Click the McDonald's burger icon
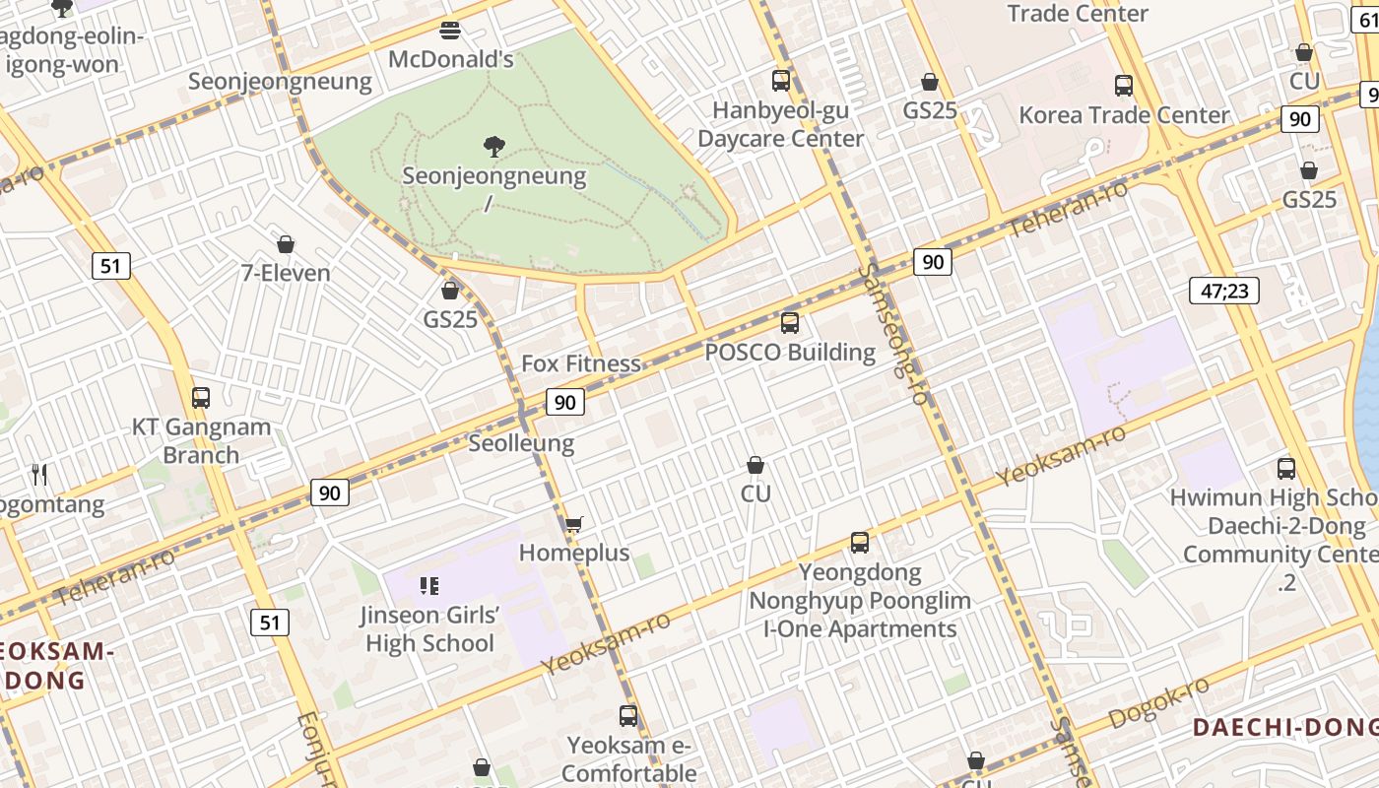pyautogui.click(x=450, y=31)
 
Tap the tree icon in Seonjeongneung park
pyautogui.click(x=494, y=148)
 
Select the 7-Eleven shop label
pyautogui.click(x=286, y=273)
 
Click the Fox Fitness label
pyautogui.click(x=580, y=363)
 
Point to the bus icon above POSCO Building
pyautogui.click(x=789, y=323)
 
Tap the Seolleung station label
pyautogui.click(x=521, y=443)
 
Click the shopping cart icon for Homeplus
pyautogui.click(x=573, y=524)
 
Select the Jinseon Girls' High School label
pyautogui.click(x=429, y=629)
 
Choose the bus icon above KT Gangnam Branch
pyautogui.click(x=201, y=398)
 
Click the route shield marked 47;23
pyautogui.click(x=1223, y=291)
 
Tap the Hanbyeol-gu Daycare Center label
pyautogui.click(x=780, y=124)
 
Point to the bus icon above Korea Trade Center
pyautogui.click(x=1124, y=86)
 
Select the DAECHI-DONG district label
pyautogui.click(x=1284, y=728)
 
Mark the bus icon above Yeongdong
pyautogui.click(x=860, y=543)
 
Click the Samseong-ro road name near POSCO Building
pyautogui.click(x=894, y=335)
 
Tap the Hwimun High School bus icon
pyautogui.click(x=1285, y=469)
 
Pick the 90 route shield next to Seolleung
pyautogui.click(x=564, y=402)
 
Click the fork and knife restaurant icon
pyautogui.click(x=39, y=475)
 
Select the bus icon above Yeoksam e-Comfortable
pyautogui.click(x=628, y=716)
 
